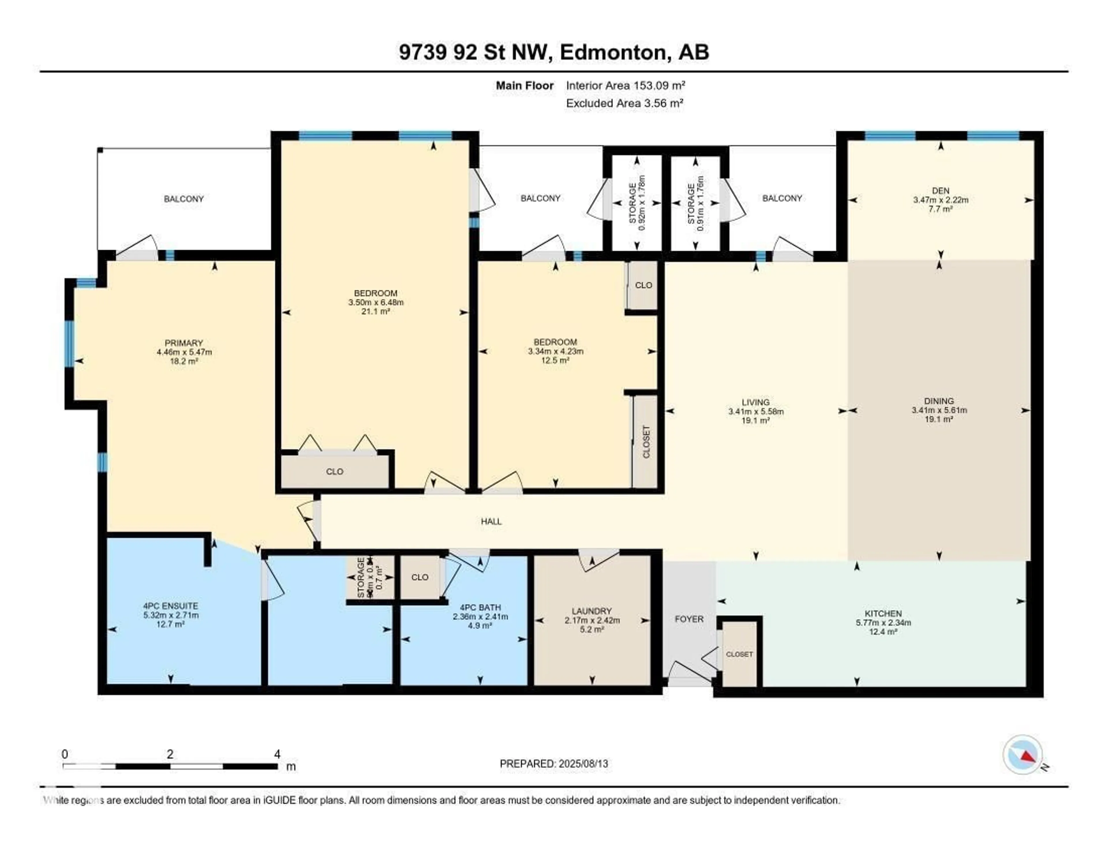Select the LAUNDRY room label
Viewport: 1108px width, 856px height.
[x=592, y=611]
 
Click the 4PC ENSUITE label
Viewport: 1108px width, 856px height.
[x=171, y=606]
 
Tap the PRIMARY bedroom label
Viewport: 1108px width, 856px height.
[x=184, y=343]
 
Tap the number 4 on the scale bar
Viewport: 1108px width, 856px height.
[x=277, y=754]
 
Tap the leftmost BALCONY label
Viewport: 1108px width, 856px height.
[x=184, y=199]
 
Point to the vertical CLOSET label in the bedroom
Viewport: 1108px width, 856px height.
[x=646, y=441]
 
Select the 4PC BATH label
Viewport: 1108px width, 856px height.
[x=480, y=607]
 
